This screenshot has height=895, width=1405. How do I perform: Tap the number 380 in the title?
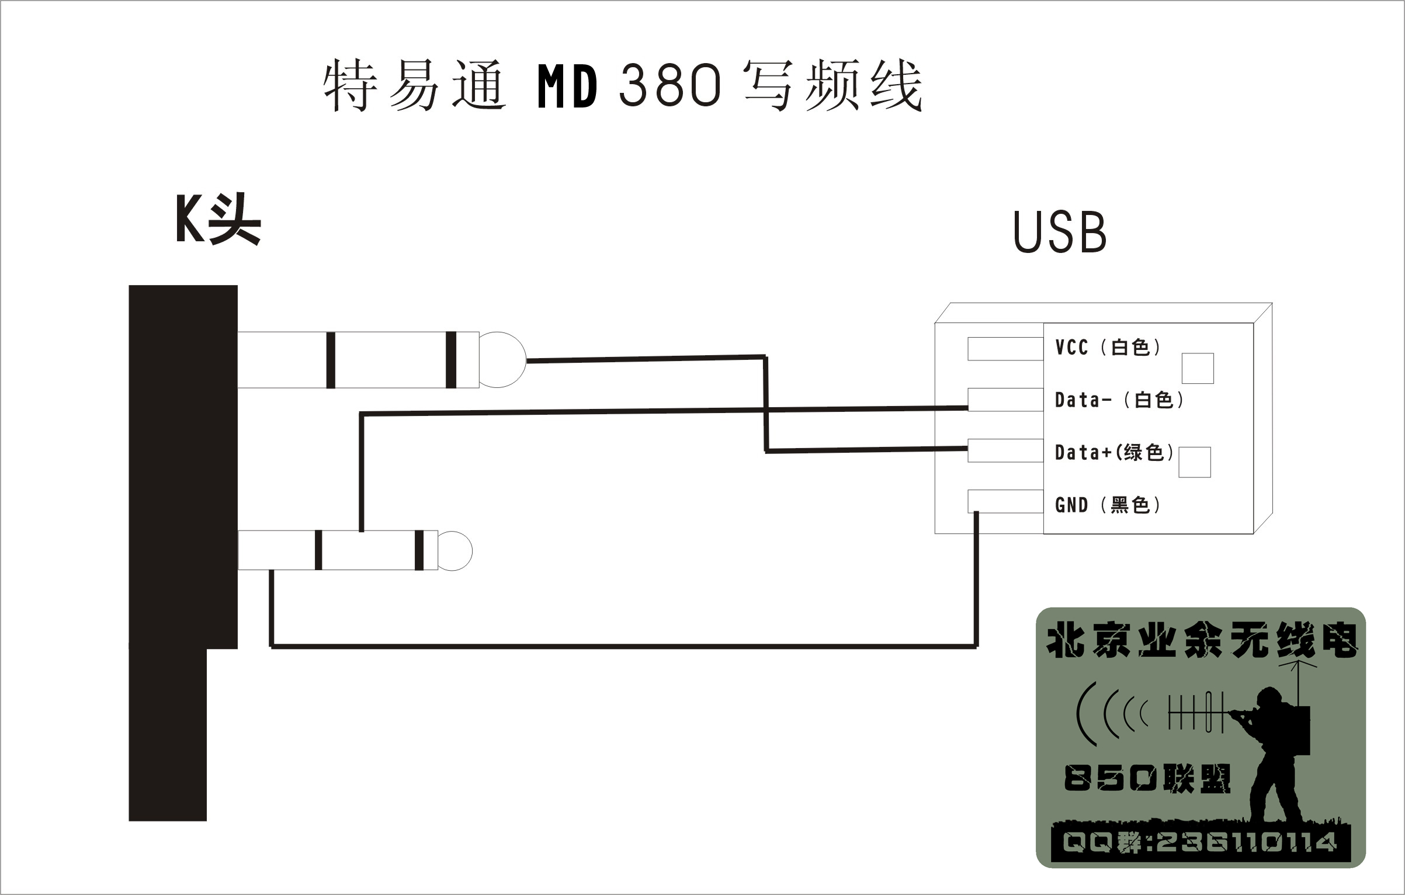tap(669, 86)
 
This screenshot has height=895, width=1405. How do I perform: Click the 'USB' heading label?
tap(1060, 233)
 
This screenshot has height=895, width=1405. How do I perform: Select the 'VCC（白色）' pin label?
tap(1108, 348)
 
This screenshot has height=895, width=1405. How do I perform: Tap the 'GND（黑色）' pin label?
tap(1108, 505)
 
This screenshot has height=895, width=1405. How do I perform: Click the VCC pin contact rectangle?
tap(1005, 349)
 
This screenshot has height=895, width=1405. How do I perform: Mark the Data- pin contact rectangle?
tap(1005, 400)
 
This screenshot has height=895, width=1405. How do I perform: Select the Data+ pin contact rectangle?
tap(1005, 450)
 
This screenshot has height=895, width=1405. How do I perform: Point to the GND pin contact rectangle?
tap(1005, 501)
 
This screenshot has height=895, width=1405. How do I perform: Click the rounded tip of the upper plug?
tap(504, 360)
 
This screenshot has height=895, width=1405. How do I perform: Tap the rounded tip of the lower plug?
tap(456, 551)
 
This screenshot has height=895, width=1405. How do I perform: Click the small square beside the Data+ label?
tap(1194, 462)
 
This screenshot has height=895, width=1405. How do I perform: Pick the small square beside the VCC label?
tap(1198, 369)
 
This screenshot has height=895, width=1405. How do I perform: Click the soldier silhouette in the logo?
tap(1274, 754)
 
